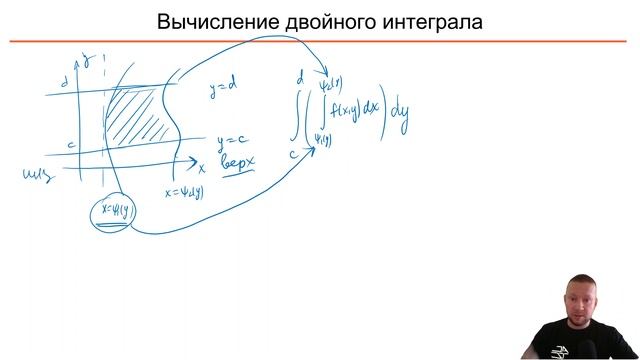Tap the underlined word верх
[240, 163]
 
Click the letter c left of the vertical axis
[71, 145]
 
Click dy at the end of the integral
[400, 126]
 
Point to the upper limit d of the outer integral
[299, 75]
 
